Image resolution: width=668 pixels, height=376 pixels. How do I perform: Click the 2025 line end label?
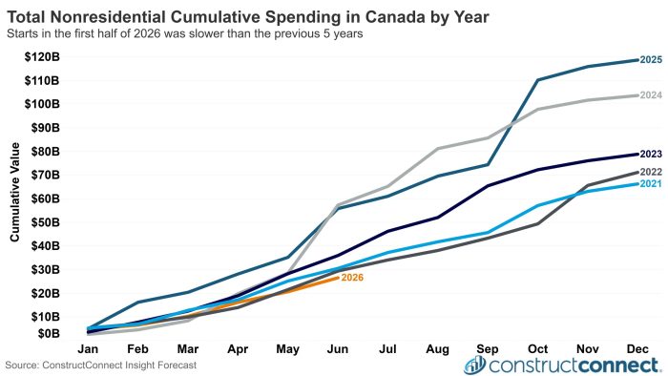pyautogui.click(x=651, y=59)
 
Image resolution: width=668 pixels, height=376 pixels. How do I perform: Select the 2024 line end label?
pyautogui.click(x=651, y=95)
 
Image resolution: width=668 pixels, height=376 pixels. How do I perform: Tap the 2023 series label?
pyautogui.click(x=651, y=154)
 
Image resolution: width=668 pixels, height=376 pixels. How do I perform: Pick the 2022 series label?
pyautogui.click(x=651, y=172)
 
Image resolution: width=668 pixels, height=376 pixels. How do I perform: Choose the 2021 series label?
pyautogui.click(x=651, y=183)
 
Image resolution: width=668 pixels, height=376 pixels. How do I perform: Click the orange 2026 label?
pyautogui.click(x=352, y=278)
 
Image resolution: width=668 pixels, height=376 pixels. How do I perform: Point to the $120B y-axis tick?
pyautogui.click(x=42, y=56)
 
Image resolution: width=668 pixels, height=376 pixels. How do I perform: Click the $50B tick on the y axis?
pyautogui.click(x=45, y=222)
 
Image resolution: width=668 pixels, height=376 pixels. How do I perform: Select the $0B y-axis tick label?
pyautogui.click(x=49, y=333)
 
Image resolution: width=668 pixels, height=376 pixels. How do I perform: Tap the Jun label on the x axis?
pyautogui.click(x=338, y=349)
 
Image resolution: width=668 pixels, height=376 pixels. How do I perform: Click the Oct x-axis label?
pyautogui.click(x=537, y=349)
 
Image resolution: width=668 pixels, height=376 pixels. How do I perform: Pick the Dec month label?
pyautogui.click(x=637, y=349)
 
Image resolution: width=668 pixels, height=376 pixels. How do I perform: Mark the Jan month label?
pyautogui.click(x=88, y=349)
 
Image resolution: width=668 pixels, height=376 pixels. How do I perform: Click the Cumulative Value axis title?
pyautogui.click(x=15, y=192)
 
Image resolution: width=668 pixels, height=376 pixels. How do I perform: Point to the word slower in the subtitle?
pyautogui.click(x=206, y=33)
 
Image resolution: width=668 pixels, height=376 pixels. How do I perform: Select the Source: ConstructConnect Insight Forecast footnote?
pyautogui.click(x=101, y=366)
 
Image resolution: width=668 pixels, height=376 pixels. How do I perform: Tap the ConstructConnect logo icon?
pyautogui.click(x=475, y=366)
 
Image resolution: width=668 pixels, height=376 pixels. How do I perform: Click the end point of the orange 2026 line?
pyautogui.click(x=338, y=278)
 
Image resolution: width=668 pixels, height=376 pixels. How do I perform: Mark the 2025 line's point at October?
pyautogui.click(x=537, y=79)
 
